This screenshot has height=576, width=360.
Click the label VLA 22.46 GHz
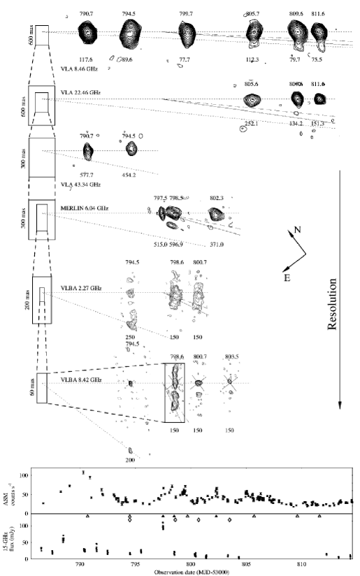coord(77,92)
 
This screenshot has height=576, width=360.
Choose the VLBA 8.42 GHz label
coord(78,380)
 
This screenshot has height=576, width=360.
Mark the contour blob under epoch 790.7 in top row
coord(89,31)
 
